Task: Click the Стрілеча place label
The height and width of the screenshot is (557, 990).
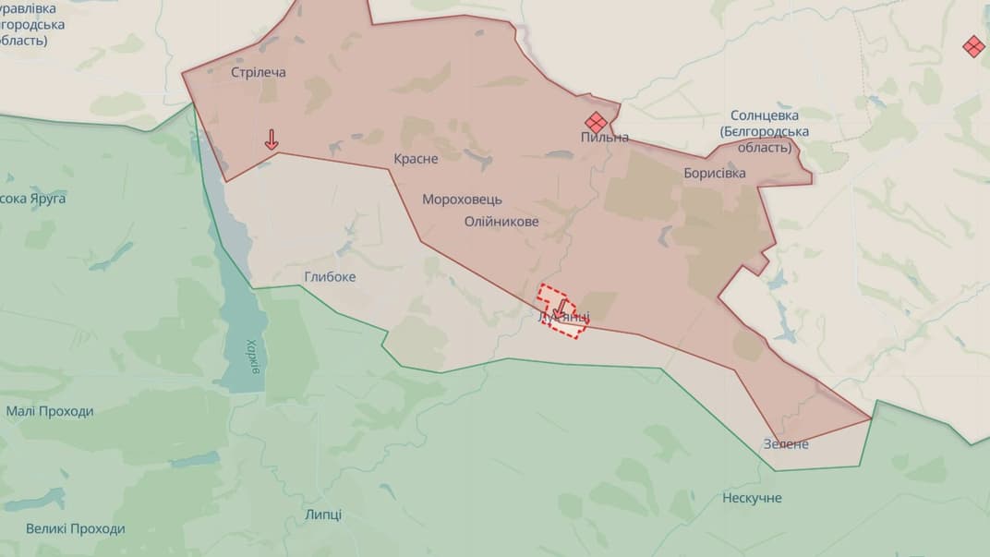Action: (x=258, y=72)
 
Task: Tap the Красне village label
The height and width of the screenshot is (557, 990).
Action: (x=416, y=159)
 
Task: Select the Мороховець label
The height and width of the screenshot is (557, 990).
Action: (x=462, y=200)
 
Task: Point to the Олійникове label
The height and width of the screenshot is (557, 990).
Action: (x=501, y=222)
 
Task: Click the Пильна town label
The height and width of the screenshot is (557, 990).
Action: (x=605, y=138)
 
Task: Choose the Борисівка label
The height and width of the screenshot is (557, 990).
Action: (x=715, y=173)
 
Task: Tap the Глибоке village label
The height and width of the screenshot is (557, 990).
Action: (x=330, y=277)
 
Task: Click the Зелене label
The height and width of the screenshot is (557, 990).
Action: (x=786, y=444)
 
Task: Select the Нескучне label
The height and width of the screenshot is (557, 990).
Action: (x=752, y=499)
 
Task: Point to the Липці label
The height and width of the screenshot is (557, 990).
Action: (x=323, y=515)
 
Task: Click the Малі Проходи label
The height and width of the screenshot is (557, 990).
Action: (x=50, y=412)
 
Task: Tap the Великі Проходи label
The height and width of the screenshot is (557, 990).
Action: (x=75, y=529)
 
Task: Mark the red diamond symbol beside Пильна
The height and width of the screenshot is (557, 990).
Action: (x=596, y=121)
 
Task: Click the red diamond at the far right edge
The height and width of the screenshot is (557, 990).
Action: (x=972, y=46)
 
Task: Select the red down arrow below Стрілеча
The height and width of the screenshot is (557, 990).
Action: (x=272, y=139)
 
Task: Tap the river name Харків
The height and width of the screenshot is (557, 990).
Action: (x=253, y=351)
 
